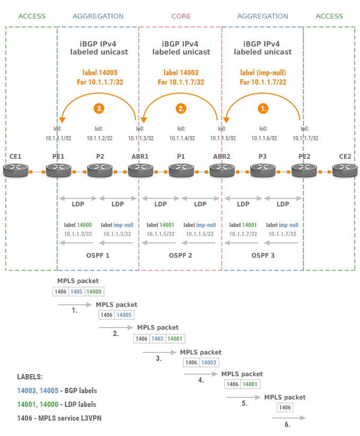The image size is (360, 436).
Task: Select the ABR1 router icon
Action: (x=140, y=170)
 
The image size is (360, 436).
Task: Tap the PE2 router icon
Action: (x=304, y=170)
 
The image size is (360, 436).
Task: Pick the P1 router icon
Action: (x=181, y=170)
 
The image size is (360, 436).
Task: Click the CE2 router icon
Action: (x=345, y=170)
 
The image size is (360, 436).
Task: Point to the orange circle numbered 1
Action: (x=263, y=108)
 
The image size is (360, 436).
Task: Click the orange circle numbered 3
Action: (x=99, y=108)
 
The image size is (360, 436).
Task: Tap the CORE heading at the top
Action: (x=181, y=16)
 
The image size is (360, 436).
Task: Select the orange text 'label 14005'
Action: (x=99, y=72)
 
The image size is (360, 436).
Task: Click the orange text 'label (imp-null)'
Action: (x=263, y=72)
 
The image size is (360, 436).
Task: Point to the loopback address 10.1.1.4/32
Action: (x=182, y=138)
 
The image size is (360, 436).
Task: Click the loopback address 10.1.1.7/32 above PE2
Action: (x=305, y=138)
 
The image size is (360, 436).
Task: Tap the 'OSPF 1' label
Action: (x=98, y=256)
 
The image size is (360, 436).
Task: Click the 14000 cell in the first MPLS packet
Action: (x=94, y=292)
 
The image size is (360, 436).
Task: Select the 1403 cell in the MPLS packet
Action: (x=157, y=339)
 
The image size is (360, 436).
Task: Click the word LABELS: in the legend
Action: (x=30, y=377)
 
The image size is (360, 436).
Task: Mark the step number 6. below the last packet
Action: (x=287, y=424)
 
